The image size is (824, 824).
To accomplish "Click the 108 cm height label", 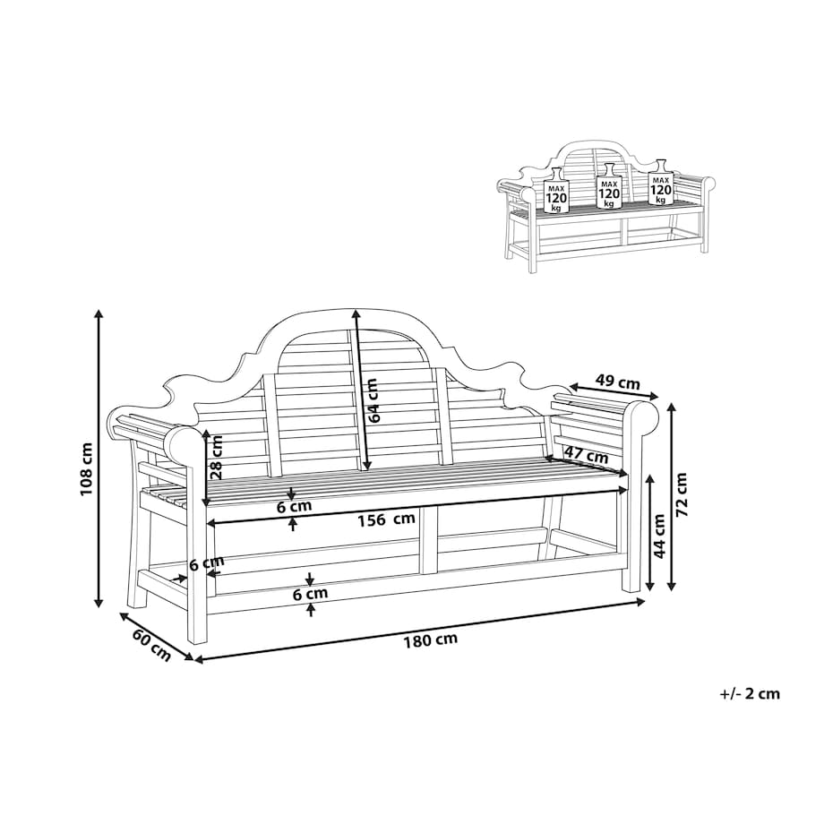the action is coord(86,468).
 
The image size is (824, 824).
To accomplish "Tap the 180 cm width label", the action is coord(431,639).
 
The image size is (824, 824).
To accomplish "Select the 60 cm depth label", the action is coord(152,645).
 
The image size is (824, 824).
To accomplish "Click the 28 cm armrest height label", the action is coord(216,457).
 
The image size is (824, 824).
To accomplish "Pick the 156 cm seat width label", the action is coord(386,519).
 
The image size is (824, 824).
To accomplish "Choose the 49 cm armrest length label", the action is coord(617,382).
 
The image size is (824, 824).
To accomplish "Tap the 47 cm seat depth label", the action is coord(586,456).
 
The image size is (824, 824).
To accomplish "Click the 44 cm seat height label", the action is coord(660,535).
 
